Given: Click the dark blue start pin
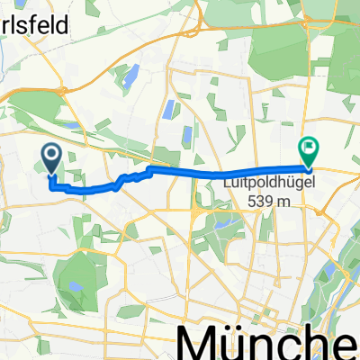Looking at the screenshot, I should click(51, 159).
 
